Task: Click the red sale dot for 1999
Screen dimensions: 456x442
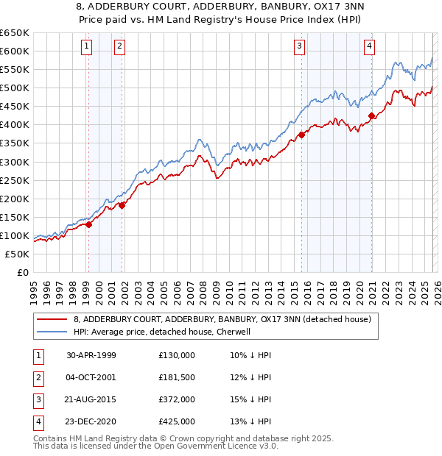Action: tap(89, 224)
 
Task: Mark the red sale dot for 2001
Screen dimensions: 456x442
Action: tap(122, 205)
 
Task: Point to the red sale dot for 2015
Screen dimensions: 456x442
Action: tap(302, 135)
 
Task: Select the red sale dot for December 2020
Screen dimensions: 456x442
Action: tap(372, 115)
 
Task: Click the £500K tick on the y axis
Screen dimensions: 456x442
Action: tap(15, 88)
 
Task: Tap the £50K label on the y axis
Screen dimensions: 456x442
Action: tap(17, 254)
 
